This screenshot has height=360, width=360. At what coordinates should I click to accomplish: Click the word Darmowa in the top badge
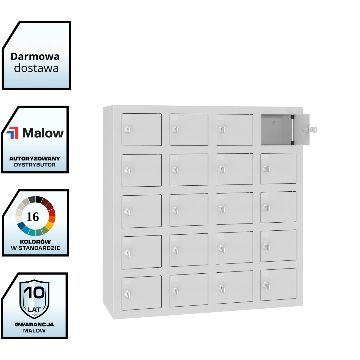[35, 56]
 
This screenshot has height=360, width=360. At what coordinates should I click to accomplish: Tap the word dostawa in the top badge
[36, 68]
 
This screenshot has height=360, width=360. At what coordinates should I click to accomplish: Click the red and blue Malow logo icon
[13, 133]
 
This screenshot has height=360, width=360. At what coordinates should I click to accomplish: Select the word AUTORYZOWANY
[34, 158]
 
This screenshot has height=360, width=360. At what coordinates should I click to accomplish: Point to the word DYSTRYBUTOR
[34, 165]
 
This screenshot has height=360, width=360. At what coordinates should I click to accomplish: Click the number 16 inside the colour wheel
[33, 217]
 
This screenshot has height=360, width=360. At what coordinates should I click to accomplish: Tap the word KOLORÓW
[35, 242]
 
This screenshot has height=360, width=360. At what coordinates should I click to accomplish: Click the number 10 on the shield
[34, 293]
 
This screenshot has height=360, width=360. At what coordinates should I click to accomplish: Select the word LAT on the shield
[34, 310]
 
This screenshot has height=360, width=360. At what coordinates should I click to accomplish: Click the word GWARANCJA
[34, 324]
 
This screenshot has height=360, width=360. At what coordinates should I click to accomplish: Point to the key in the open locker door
[313, 130]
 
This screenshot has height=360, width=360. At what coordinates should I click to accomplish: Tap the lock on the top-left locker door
[127, 130]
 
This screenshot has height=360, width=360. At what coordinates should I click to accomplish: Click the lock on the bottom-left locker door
[127, 294]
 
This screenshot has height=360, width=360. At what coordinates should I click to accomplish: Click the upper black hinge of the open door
[292, 117]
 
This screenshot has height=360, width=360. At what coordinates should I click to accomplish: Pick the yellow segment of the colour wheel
[49, 225]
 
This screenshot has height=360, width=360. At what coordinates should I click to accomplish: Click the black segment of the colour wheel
[39, 199]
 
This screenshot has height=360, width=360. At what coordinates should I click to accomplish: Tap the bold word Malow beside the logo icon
[43, 133]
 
